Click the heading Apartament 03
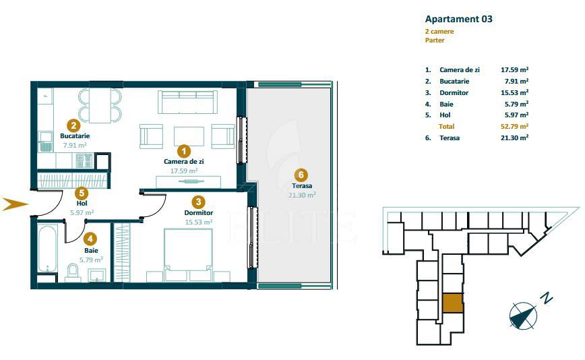(458, 19)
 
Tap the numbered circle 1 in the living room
(183, 152)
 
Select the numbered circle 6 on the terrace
(301, 175)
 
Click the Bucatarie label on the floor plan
(75, 136)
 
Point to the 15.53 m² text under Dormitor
(198, 222)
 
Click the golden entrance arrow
(15, 204)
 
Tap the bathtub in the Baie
(47, 248)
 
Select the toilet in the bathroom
(73, 272)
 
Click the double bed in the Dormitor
(188, 255)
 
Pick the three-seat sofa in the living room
(187, 102)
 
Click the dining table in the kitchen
(100, 105)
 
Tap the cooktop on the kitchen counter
(84, 161)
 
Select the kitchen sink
(46, 142)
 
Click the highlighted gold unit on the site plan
(453, 303)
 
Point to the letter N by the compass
(547, 299)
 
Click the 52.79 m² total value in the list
(514, 127)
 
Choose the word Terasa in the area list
(450, 138)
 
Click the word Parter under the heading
(435, 40)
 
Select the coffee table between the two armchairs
(189, 137)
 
